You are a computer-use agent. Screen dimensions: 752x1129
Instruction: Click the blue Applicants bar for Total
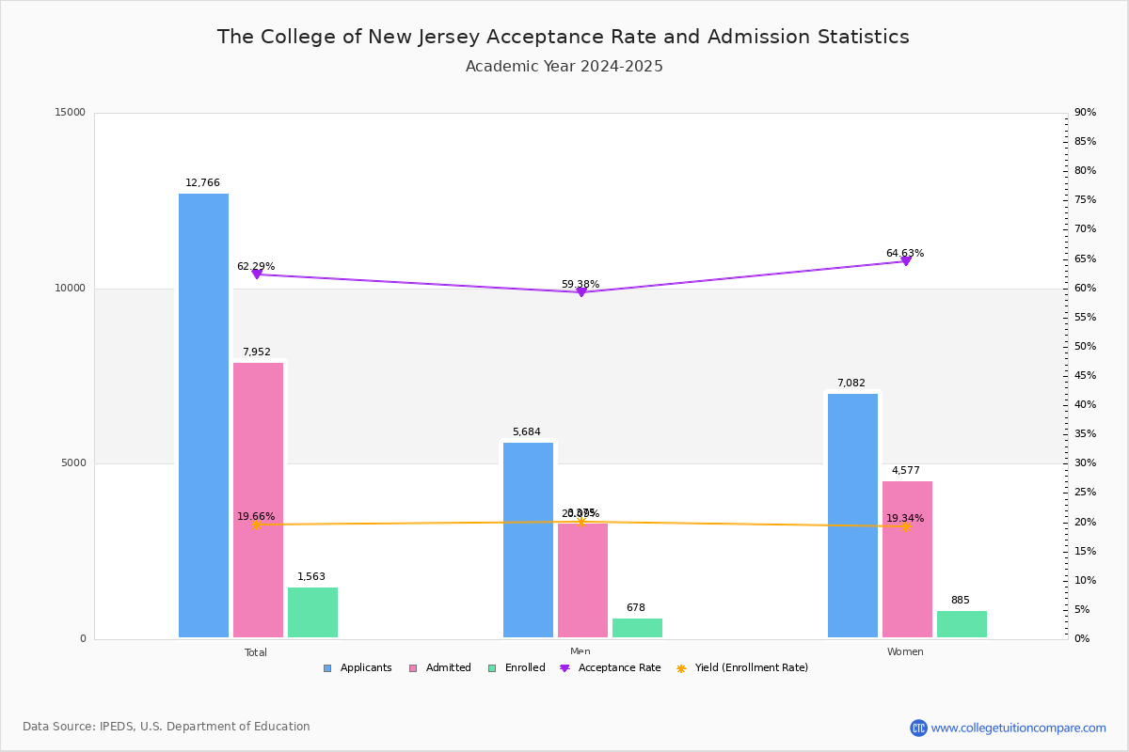[x=203, y=415]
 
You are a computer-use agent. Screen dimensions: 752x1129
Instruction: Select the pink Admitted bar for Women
[x=907, y=559]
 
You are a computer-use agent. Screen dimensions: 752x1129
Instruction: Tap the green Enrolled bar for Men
[x=637, y=628]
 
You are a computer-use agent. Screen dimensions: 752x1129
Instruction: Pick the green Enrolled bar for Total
[x=312, y=612]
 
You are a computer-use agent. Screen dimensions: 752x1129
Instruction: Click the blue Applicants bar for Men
[x=528, y=540]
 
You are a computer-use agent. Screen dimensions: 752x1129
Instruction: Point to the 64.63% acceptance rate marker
[x=906, y=260]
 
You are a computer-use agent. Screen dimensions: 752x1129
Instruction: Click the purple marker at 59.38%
[x=581, y=291]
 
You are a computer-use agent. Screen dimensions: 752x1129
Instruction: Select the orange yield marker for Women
[x=906, y=526]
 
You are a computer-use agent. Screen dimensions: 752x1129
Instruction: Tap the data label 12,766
[x=202, y=183]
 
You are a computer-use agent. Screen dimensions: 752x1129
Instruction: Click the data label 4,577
[x=907, y=471]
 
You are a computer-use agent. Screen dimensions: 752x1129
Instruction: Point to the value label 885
[x=960, y=601]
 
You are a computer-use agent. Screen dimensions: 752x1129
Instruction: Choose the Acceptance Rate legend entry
[x=619, y=668]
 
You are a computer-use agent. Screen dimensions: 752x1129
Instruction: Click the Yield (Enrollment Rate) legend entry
[x=751, y=668]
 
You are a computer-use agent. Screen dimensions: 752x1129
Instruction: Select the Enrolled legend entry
[x=524, y=668]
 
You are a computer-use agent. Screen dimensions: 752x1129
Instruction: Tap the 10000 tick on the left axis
[x=72, y=289]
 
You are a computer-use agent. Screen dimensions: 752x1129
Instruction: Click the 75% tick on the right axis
[x=1085, y=200]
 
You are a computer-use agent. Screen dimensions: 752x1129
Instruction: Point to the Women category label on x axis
[x=905, y=652]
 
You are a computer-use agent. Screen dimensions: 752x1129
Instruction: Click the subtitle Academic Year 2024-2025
[x=564, y=67]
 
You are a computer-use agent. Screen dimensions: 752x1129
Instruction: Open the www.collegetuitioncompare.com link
[x=1018, y=728]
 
